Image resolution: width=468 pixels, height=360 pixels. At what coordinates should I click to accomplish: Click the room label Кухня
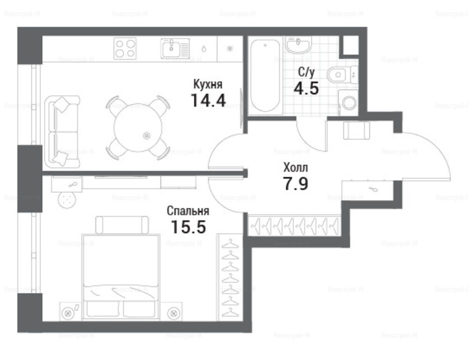point(208,84)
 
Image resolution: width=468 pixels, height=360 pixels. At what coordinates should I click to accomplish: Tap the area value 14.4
point(208,100)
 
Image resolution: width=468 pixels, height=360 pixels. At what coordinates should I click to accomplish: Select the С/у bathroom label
point(306,72)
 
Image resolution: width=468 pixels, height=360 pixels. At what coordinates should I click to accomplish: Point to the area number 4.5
point(306,88)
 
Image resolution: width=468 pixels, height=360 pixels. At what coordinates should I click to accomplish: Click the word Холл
point(295,168)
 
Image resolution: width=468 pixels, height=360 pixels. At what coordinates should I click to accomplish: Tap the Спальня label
point(188,211)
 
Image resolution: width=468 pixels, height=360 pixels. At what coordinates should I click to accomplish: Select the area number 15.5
point(188,227)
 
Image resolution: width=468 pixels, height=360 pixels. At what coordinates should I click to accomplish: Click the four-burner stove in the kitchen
point(125,48)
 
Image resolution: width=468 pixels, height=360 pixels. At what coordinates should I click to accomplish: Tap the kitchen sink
point(175,48)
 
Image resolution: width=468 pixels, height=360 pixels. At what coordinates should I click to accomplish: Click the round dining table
point(138,127)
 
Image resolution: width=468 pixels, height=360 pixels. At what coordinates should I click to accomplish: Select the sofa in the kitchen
point(62,132)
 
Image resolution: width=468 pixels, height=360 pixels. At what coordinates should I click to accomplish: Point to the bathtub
point(265,75)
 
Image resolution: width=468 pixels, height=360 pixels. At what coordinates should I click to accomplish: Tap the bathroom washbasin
point(298,45)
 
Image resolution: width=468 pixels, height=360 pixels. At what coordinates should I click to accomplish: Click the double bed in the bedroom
point(120,277)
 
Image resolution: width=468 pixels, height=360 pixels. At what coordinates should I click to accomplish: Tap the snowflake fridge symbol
point(230,49)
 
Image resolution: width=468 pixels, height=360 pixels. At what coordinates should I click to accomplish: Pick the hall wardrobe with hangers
point(295,225)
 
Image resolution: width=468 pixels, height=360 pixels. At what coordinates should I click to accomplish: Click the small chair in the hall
point(357,130)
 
